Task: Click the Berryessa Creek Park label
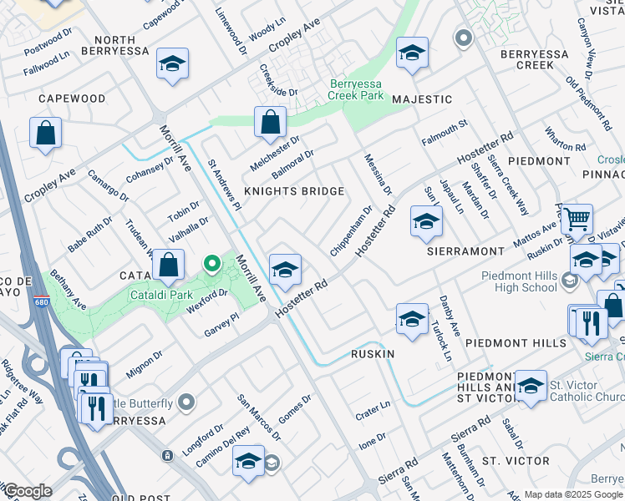coord(356,90)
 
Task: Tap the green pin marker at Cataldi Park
coord(212,265)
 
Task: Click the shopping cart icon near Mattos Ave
coord(577,220)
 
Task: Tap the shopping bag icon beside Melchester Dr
coord(271,122)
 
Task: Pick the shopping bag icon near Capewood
coord(45,133)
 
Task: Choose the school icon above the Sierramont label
coord(426,222)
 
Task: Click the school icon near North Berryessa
coord(172,63)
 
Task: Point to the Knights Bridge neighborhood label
coord(293,192)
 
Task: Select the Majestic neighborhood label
coord(422,99)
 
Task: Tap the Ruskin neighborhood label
coord(373,354)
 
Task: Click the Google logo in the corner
coord(28,491)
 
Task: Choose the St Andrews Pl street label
coord(224,185)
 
